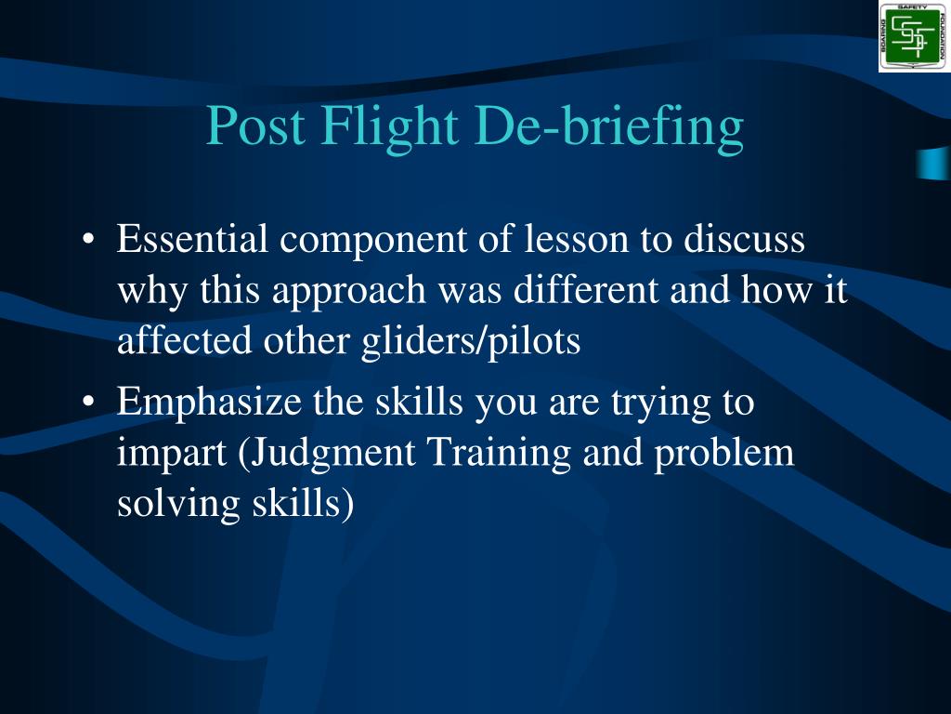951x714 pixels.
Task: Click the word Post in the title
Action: (x=256, y=126)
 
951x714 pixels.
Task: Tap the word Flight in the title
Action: (x=390, y=128)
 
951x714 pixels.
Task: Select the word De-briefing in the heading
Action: (x=609, y=128)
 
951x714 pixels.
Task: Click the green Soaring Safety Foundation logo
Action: (x=914, y=37)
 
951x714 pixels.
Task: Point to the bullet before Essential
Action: (x=88, y=239)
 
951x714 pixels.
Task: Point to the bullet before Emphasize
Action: (x=88, y=402)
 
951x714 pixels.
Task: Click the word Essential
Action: (x=192, y=238)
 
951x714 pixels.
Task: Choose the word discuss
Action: (x=745, y=238)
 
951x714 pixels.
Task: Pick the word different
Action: (x=586, y=289)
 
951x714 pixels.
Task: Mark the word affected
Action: (x=185, y=340)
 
